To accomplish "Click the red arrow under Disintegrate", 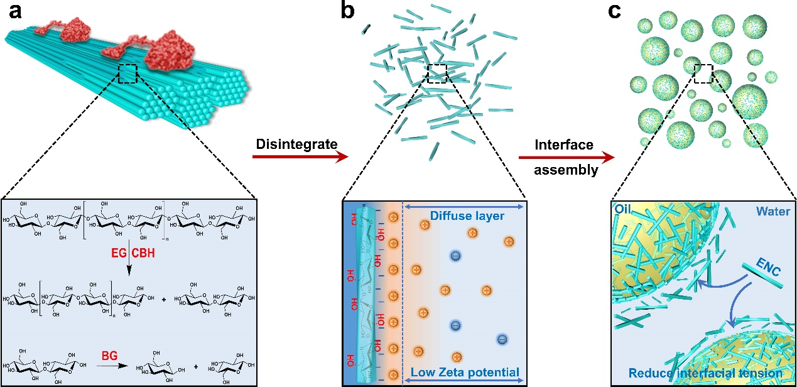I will [x=300, y=158].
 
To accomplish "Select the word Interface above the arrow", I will [x=564, y=145].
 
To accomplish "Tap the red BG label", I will [x=110, y=356].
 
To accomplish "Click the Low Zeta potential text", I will [x=465, y=373].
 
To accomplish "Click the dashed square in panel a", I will [x=127, y=74].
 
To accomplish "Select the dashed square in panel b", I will [x=436, y=73].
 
